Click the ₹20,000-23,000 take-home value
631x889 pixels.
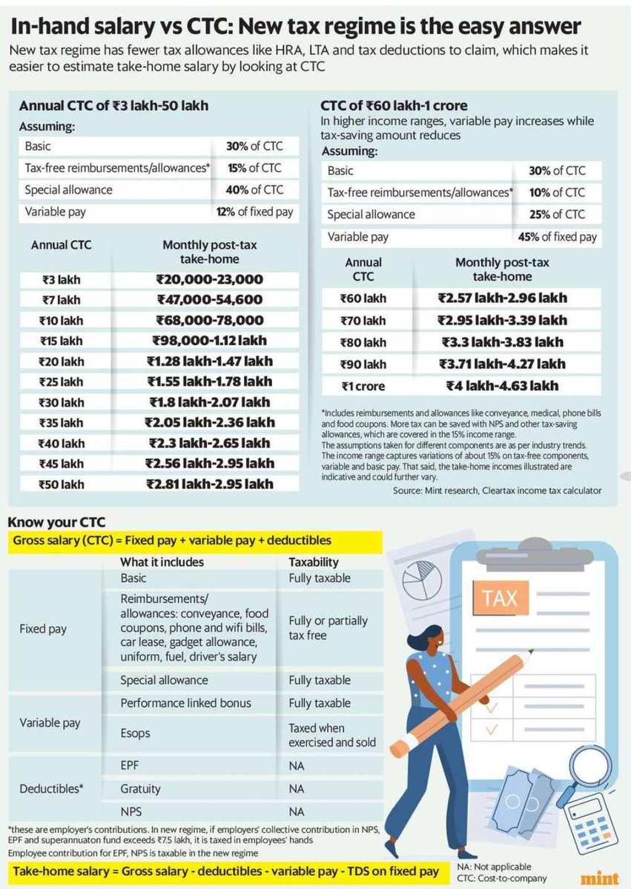coord(209,279)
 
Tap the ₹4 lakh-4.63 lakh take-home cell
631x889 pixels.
coord(502,385)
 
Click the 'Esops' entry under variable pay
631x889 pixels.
coord(135,733)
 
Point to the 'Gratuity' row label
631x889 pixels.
coord(140,789)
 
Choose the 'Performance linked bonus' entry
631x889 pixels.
coord(185,702)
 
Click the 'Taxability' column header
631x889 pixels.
coord(314,562)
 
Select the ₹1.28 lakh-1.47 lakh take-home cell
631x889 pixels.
coord(210,361)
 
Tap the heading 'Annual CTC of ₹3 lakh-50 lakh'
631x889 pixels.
coord(113,105)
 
